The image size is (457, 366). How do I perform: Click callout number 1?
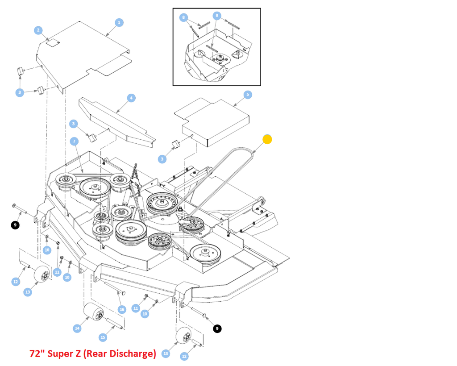pyautogui.click(x=119, y=22)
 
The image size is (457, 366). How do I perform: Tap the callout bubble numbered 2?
pyautogui.click(x=38, y=30)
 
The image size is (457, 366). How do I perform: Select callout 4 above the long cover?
pyautogui.click(x=131, y=98)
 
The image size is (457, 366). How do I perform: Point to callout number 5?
pyautogui.click(x=248, y=95)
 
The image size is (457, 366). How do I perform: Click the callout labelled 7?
pyautogui.click(x=74, y=141)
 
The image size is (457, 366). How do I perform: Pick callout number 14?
pyautogui.click(x=77, y=328)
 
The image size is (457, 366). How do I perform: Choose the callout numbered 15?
pyautogui.click(x=103, y=337)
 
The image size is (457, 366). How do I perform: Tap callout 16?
pyautogui.click(x=122, y=309)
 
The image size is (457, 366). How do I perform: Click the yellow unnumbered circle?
pyautogui.click(x=267, y=139)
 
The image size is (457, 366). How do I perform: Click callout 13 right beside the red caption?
pyautogui.click(x=166, y=354)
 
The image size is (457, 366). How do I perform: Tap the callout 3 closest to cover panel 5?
pyautogui.click(x=162, y=159)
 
